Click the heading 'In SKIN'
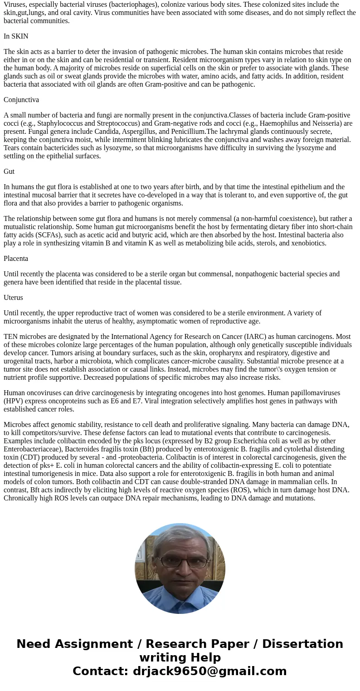click(x=16, y=36)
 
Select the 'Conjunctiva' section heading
click(x=21, y=100)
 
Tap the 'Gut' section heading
click(x=9, y=172)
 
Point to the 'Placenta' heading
click(x=16, y=259)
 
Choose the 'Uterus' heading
click(x=13, y=298)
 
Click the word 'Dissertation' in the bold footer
click(x=302, y=644)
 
